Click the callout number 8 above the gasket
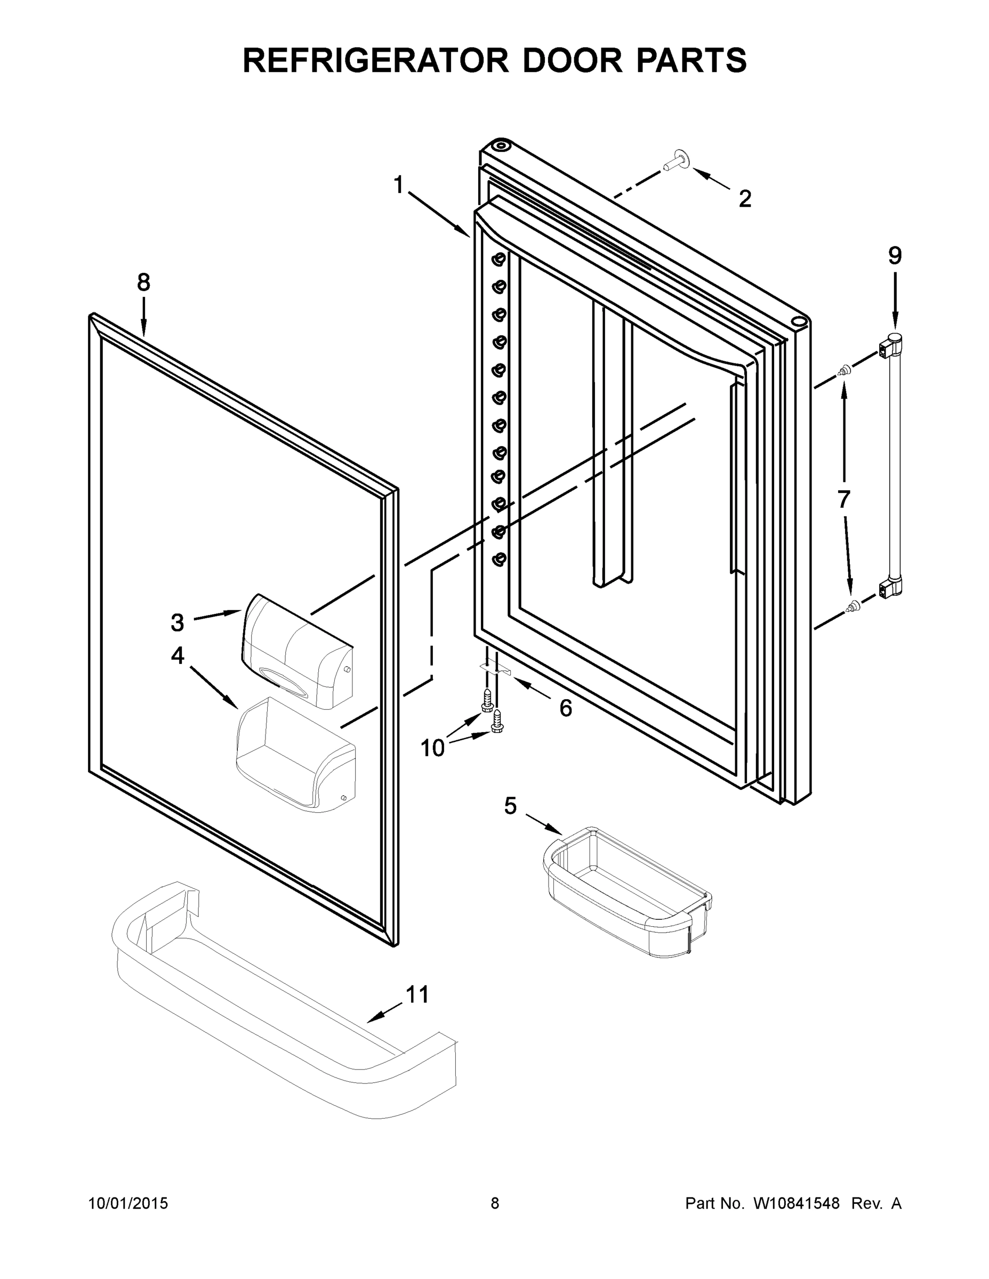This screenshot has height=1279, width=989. tap(143, 283)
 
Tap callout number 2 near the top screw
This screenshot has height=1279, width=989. tap(745, 199)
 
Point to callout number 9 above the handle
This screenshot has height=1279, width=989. tap(895, 256)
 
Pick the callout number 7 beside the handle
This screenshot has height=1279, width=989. tap(843, 499)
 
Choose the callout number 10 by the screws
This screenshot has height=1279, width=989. tap(433, 748)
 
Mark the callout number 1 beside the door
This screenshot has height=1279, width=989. tap(399, 185)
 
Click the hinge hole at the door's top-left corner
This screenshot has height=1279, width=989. tap(498, 144)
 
